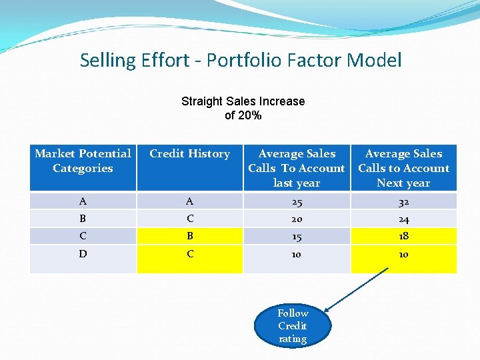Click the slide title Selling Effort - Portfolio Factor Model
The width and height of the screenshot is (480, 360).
(241, 61)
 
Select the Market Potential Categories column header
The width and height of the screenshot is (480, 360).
(83, 161)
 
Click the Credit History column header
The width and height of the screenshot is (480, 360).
(189, 154)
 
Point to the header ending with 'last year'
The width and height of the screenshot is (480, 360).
(297, 168)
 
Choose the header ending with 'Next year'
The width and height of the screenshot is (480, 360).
(403, 168)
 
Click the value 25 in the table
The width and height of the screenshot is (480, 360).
(297, 202)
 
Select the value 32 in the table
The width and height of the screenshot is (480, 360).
(403, 202)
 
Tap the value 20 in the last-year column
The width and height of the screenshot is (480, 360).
(297, 219)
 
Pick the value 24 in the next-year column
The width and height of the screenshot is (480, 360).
(403, 219)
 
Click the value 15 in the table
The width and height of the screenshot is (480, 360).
(297, 236)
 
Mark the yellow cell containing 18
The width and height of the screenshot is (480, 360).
(403, 236)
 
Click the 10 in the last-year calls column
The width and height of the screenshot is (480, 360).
(297, 255)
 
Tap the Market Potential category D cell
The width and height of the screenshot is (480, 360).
(83, 254)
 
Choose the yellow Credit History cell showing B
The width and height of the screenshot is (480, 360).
(190, 236)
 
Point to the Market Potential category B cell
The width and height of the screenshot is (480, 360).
(83, 219)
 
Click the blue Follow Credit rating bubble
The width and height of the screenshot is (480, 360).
(293, 325)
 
